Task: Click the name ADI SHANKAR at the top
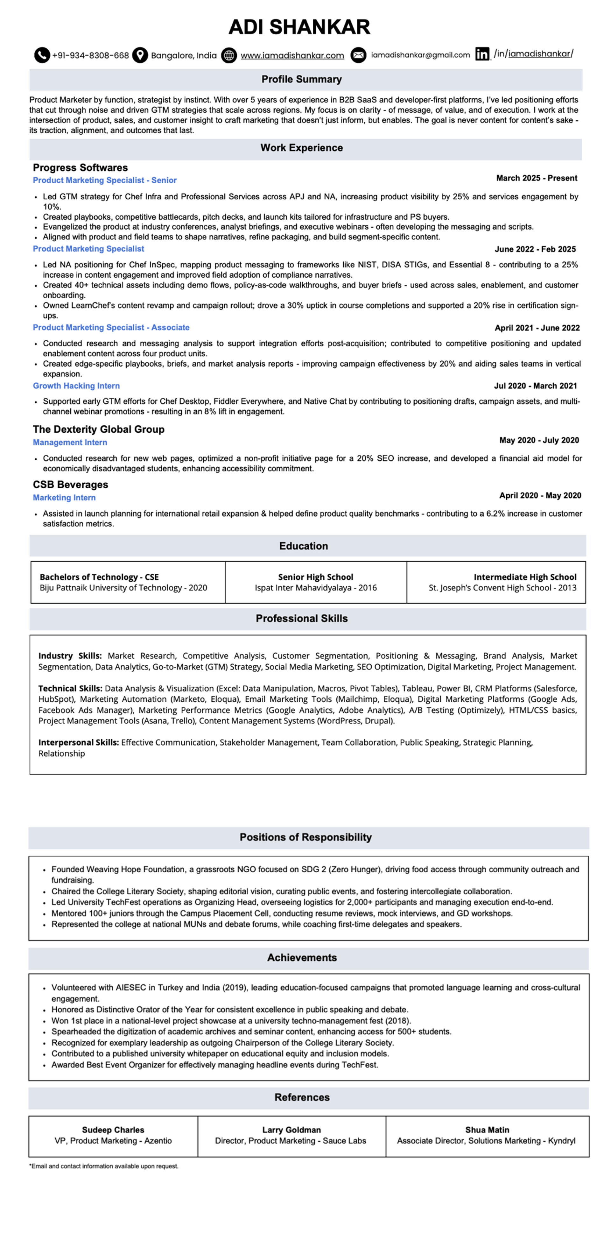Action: pyautogui.click(x=299, y=27)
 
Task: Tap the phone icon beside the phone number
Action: pyautogui.click(x=42, y=55)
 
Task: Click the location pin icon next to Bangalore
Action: pyautogui.click(x=140, y=55)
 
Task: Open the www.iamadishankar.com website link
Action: pyautogui.click(x=292, y=55)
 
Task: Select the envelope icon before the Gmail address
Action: pyautogui.click(x=358, y=55)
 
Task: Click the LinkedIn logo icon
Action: pyautogui.click(x=482, y=54)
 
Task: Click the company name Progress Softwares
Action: pyautogui.click(x=80, y=167)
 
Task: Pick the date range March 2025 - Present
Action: pyautogui.click(x=537, y=178)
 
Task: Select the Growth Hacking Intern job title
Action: pyautogui.click(x=76, y=386)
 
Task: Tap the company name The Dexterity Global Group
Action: pyautogui.click(x=99, y=429)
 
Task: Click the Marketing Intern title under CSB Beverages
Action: pyautogui.click(x=64, y=497)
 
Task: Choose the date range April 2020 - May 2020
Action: pyautogui.click(x=540, y=495)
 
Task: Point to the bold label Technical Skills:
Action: pyautogui.click(x=70, y=688)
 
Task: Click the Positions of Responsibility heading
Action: pyautogui.click(x=305, y=837)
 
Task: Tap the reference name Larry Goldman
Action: pyautogui.click(x=291, y=1130)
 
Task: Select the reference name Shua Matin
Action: pyautogui.click(x=487, y=1130)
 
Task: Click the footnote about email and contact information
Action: pyautogui.click(x=104, y=1166)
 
